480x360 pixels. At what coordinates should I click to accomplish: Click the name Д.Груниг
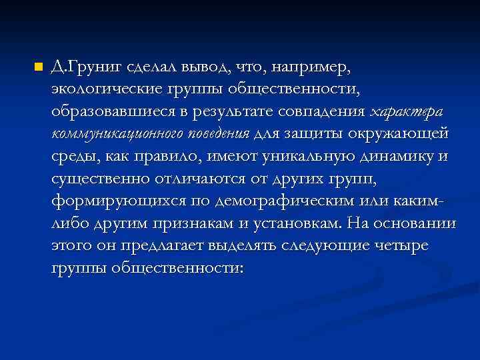[80, 67]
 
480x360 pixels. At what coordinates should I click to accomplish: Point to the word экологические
[100, 89]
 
